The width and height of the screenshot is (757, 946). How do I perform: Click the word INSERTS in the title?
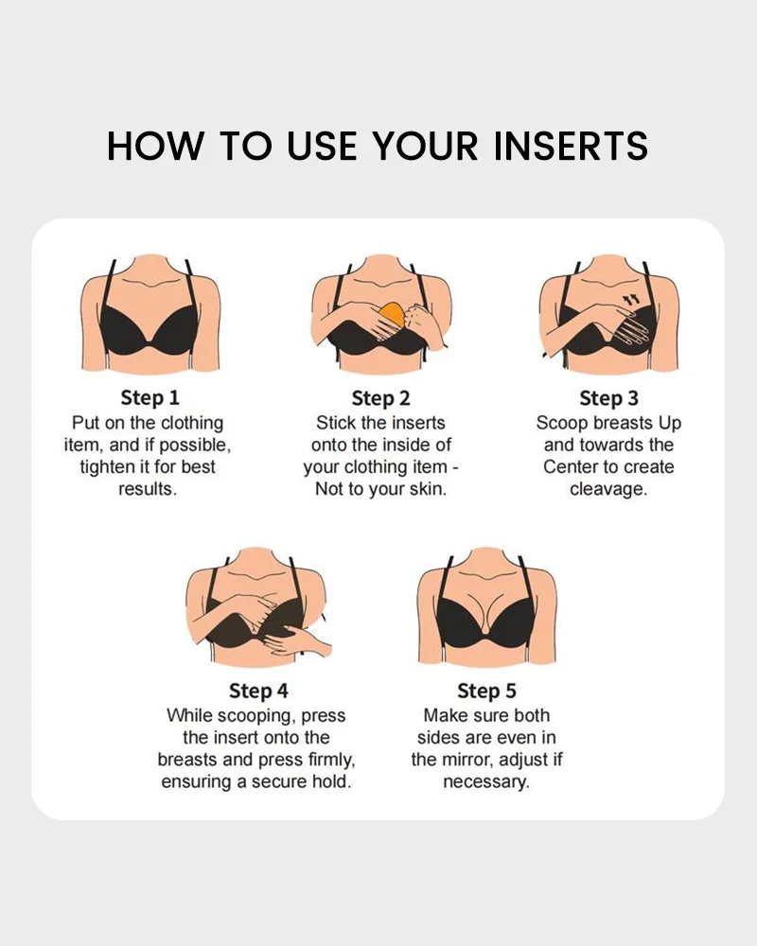(x=571, y=147)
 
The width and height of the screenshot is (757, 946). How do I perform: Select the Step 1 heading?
(x=150, y=397)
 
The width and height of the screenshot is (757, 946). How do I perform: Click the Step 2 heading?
(x=380, y=397)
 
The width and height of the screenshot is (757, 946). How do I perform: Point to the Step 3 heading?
(x=608, y=397)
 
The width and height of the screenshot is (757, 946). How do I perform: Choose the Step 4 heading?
(x=257, y=691)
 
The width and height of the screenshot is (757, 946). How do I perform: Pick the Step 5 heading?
(x=486, y=691)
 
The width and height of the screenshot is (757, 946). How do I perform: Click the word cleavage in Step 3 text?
(x=608, y=489)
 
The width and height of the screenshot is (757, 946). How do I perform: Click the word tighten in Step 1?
(x=111, y=467)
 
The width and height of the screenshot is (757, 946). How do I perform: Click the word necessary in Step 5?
(x=485, y=782)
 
